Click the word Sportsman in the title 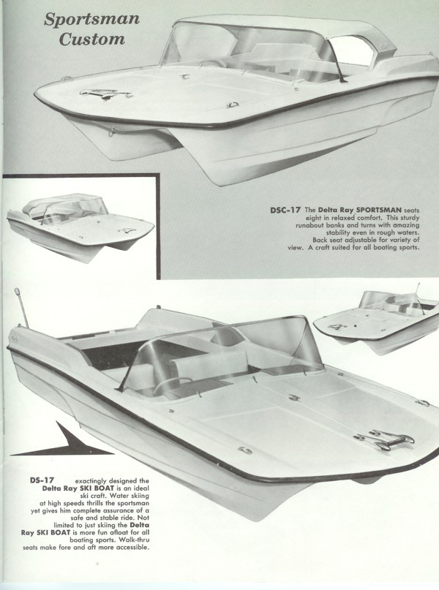click(x=91, y=20)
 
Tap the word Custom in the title click(x=91, y=39)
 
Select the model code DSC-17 click(x=285, y=210)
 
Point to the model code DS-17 click(x=42, y=480)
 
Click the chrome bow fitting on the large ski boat click(x=383, y=439)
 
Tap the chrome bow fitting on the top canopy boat click(x=106, y=93)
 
